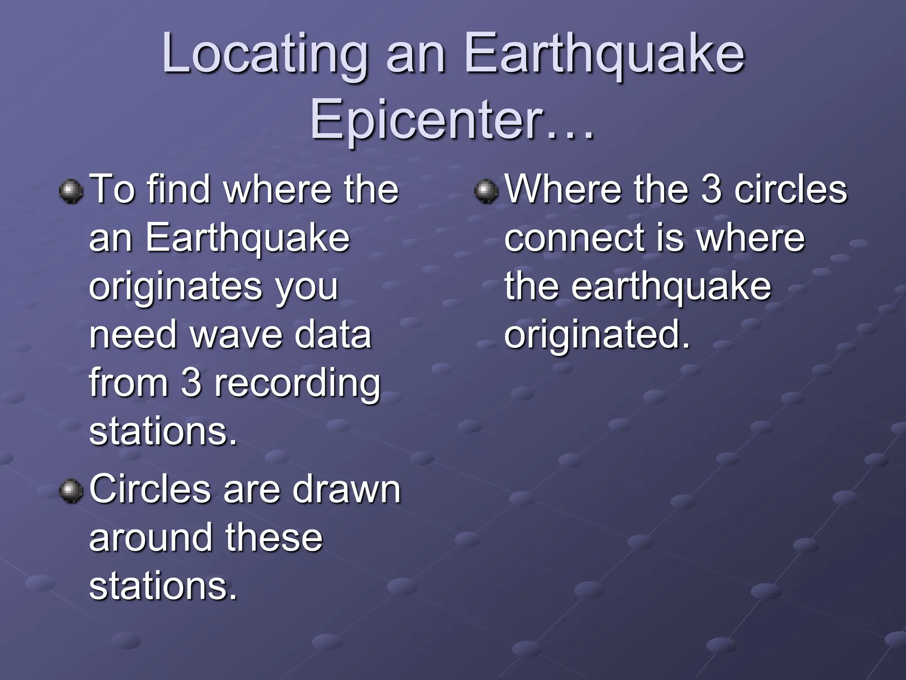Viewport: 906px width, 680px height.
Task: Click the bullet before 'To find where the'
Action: pyautogui.click(x=71, y=191)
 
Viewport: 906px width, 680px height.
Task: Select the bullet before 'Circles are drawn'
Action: pyautogui.click(x=71, y=491)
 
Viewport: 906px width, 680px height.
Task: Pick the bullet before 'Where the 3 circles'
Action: pyautogui.click(x=486, y=191)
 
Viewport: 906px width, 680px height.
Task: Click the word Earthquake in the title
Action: pyautogui.click(x=604, y=55)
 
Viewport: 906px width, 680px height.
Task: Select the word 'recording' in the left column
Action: pyautogui.click(x=297, y=384)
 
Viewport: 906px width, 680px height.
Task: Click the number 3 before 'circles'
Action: pyautogui.click(x=711, y=189)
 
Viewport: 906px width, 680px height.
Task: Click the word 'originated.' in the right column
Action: pyautogui.click(x=597, y=336)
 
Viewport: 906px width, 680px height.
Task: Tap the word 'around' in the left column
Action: pyautogui.click(x=151, y=538)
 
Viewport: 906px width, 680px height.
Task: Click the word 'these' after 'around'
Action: pyautogui.click(x=274, y=538)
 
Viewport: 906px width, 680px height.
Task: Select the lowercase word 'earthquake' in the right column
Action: pyautogui.click(x=671, y=287)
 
